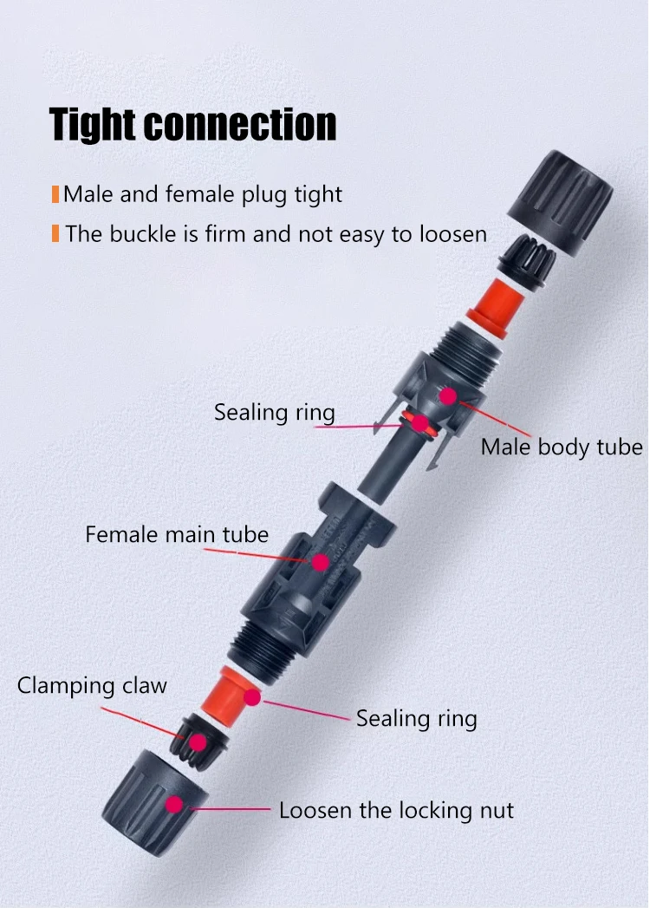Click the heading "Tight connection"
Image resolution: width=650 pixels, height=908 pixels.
click(x=192, y=124)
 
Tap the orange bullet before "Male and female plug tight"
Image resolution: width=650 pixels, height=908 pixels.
click(x=55, y=194)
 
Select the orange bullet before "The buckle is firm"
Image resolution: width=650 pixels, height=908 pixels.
click(x=55, y=233)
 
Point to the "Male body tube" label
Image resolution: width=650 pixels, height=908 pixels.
click(x=561, y=447)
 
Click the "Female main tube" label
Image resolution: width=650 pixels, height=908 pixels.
click(x=177, y=534)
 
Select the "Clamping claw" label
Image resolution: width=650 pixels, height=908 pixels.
click(x=92, y=686)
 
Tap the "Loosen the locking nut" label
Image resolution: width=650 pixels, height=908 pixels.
click(x=396, y=811)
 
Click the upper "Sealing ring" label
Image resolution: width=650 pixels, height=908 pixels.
click(x=274, y=412)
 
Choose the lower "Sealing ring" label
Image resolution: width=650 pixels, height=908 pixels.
click(x=416, y=718)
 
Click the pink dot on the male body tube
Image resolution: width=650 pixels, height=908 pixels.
click(x=447, y=395)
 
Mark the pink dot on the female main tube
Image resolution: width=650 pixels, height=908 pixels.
click(x=320, y=562)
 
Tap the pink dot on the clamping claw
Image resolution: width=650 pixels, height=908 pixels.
click(x=198, y=741)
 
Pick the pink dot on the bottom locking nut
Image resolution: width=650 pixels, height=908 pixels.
click(x=174, y=804)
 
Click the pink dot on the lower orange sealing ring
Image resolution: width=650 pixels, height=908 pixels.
click(x=251, y=696)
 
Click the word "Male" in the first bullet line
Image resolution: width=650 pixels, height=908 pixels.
click(x=88, y=194)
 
